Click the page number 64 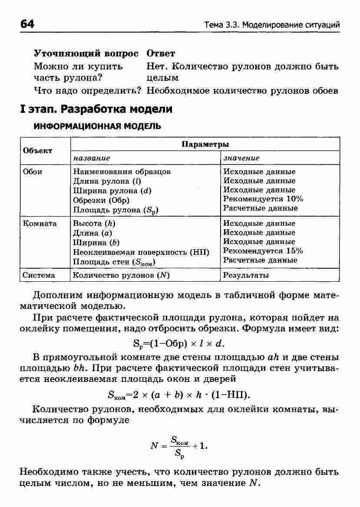pos(27,24)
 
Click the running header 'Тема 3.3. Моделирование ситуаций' pos(272,25)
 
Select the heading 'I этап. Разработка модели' pos(96,109)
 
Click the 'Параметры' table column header pos(205,144)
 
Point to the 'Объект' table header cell pos(37,151)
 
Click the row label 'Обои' pos(33,171)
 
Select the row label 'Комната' pos(40,224)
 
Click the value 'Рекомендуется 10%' pos(263,199)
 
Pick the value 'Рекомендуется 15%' pos(263,251)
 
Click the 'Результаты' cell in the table pos(246,275)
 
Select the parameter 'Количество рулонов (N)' pos(121,275)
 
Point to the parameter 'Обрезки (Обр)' pos(101,200)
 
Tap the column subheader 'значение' pos(241,158)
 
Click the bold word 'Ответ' pos(161,53)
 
